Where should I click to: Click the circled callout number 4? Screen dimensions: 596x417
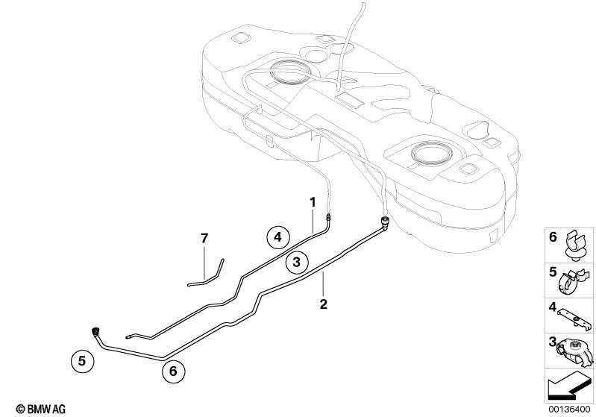click(277, 237)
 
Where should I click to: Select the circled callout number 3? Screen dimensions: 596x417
click(296, 262)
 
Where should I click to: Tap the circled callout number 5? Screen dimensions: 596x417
click(83, 360)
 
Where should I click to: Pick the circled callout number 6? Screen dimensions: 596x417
click(173, 371)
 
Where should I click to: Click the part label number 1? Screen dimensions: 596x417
click(313, 203)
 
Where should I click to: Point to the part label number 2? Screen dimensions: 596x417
click(324, 304)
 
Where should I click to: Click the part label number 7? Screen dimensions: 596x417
click(204, 239)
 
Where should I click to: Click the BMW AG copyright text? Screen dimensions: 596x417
click(41, 409)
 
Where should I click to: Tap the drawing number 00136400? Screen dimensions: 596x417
click(569, 409)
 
